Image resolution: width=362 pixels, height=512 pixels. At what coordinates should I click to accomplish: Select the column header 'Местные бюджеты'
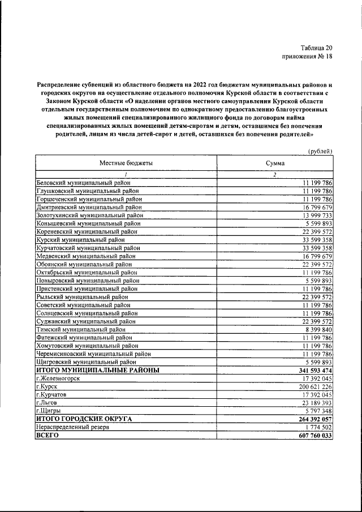126,162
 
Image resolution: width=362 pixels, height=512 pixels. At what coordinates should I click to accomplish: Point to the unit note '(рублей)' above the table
320,150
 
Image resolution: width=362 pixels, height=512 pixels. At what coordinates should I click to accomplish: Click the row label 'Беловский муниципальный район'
83,183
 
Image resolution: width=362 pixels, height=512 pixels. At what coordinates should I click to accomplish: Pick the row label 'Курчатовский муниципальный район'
88,247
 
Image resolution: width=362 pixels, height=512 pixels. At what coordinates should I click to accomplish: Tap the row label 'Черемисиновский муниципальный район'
93,353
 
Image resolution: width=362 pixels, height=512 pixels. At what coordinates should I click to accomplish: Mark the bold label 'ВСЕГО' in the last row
47,435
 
